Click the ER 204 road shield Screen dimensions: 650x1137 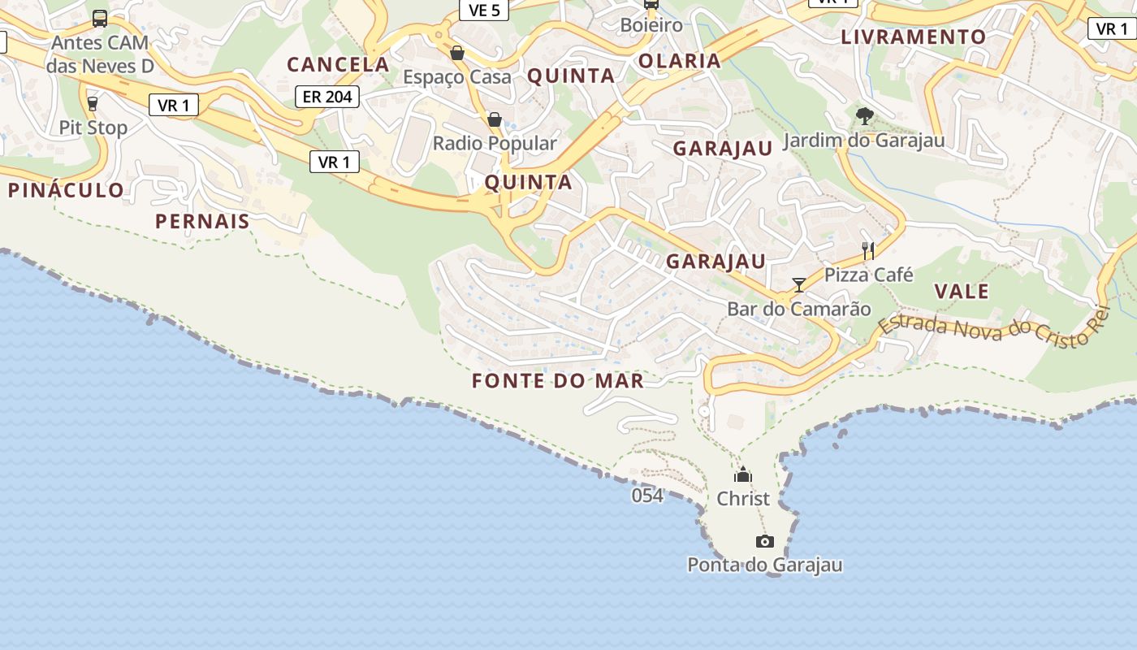[327, 97]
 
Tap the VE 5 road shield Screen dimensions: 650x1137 [484, 10]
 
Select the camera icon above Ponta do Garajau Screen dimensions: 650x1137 [764, 541]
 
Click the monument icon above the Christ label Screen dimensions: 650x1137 [742, 475]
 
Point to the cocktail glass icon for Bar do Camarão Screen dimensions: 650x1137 [799, 284]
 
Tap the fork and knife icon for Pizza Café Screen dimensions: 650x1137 [868, 251]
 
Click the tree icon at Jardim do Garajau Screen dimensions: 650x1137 [865, 116]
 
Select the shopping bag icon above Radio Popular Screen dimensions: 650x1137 [494, 120]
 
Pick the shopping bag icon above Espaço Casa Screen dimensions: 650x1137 [457, 53]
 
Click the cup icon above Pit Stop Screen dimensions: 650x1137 [92, 104]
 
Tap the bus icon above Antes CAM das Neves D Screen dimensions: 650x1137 [100, 18]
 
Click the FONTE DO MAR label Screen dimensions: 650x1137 [558, 380]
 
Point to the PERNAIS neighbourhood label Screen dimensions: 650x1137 [202, 221]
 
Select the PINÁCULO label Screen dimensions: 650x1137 [67, 191]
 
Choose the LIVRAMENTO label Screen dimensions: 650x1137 [913, 37]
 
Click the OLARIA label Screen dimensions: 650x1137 [680, 61]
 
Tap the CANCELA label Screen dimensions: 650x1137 [338, 64]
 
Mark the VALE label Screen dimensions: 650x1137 [962, 292]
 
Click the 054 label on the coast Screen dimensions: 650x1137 [647, 495]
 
